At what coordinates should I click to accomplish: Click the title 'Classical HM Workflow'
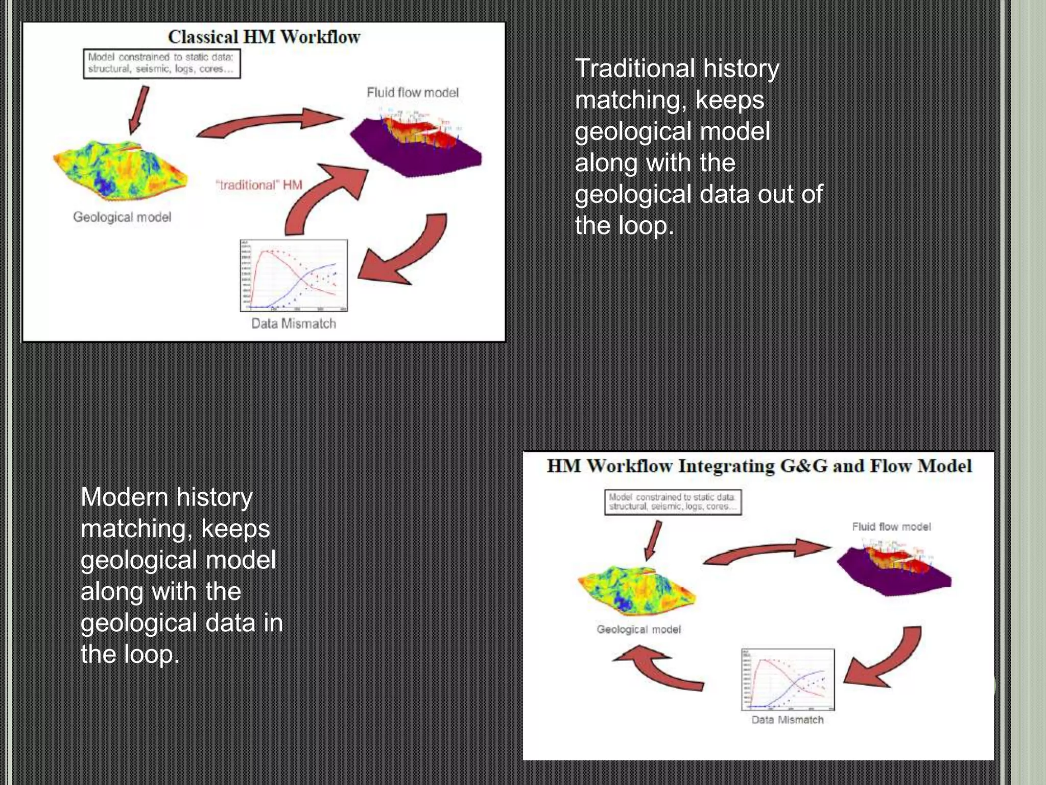tap(264, 37)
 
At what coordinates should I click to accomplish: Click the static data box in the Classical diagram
tap(161, 63)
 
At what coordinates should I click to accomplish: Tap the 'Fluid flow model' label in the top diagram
tap(413, 93)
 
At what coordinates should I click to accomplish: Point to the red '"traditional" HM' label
tap(259, 185)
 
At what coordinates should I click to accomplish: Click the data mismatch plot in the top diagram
tap(294, 275)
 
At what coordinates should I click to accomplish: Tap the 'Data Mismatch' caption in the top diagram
tap(294, 324)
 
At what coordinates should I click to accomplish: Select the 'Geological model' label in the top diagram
tap(122, 217)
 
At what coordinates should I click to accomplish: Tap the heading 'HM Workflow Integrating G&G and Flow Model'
tap(759, 466)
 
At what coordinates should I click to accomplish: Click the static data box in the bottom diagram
tap(673, 502)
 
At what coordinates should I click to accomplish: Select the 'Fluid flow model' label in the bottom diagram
tap(891, 526)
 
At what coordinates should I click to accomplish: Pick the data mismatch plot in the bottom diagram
tap(788, 680)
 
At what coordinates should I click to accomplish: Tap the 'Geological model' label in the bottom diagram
tap(638, 630)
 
